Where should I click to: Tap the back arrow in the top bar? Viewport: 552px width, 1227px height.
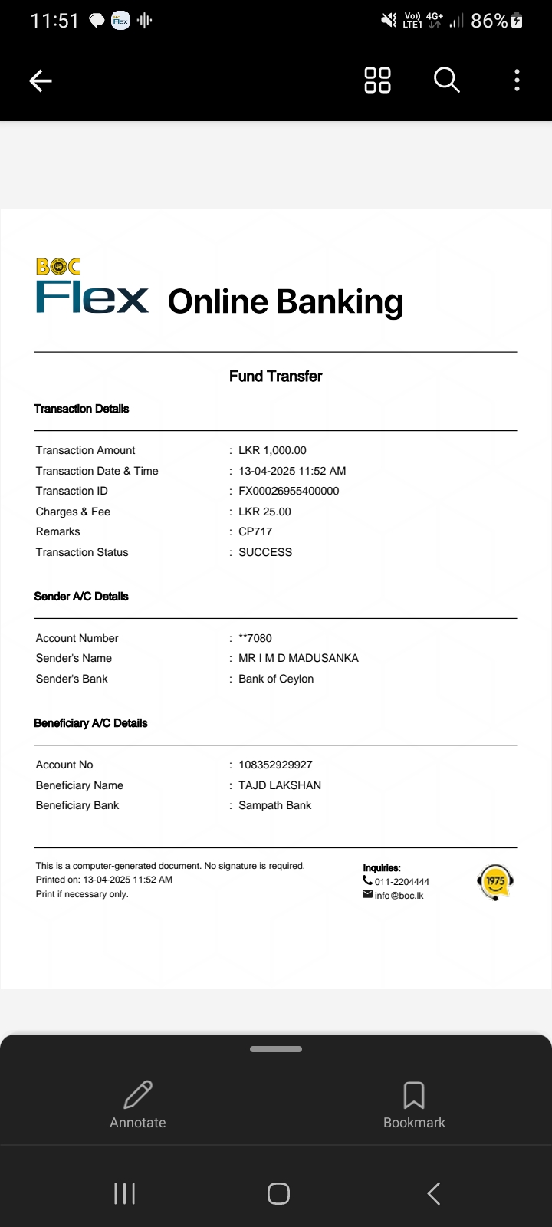coord(41,81)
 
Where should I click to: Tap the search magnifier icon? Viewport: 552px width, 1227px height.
coord(446,80)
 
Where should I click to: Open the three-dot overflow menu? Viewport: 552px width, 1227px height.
coord(517,80)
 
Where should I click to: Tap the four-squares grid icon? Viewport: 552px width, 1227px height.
coord(377,80)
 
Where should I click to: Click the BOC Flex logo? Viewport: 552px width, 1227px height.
coord(92,288)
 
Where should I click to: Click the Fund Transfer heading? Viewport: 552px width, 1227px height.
coord(275,376)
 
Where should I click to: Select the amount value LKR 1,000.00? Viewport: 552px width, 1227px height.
coord(272,450)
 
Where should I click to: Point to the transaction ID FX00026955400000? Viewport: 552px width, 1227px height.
coord(288,491)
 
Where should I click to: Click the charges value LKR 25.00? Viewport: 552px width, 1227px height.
coord(264,512)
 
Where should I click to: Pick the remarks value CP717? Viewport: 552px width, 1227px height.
coord(255,531)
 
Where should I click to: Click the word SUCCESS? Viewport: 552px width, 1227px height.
coord(265,552)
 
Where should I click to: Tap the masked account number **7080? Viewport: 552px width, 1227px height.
coord(255,638)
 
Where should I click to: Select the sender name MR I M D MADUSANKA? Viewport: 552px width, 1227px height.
coord(298,658)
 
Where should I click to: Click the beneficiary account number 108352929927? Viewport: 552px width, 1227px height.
coord(275,765)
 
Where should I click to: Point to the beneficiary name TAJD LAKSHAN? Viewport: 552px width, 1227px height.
coord(280,785)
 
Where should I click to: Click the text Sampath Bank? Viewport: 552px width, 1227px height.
coord(274,805)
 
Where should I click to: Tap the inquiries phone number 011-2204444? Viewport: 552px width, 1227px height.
coord(401,882)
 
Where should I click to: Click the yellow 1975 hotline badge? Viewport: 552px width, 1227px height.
coord(495,882)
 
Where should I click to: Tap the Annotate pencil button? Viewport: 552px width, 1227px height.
coord(138,1104)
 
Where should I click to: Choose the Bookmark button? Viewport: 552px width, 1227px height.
coord(414,1104)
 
